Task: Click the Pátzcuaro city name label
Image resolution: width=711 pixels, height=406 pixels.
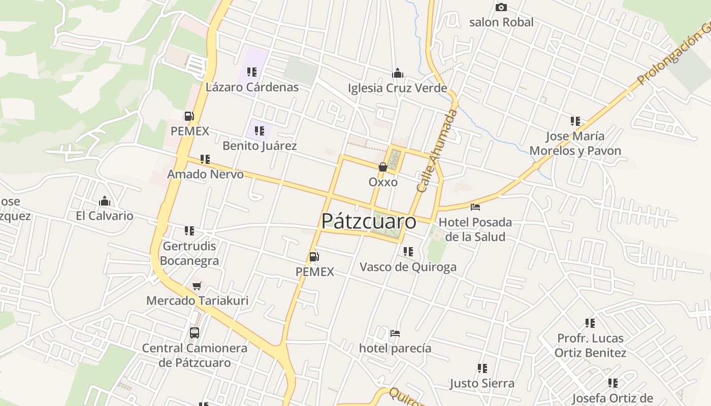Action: point(369,221)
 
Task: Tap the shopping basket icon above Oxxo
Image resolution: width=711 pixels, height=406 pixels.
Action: point(383,167)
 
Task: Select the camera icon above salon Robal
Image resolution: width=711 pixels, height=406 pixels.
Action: point(501,7)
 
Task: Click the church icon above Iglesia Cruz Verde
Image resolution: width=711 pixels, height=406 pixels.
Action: point(398,73)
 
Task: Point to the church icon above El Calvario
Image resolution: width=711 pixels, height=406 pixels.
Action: point(105,201)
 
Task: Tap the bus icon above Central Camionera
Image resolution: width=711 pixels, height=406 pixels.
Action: point(195,333)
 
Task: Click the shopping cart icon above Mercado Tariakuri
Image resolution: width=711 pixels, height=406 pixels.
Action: point(197,286)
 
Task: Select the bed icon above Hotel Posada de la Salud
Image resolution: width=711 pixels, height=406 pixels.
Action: point(475,207)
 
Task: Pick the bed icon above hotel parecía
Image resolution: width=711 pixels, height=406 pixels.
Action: point(395,333)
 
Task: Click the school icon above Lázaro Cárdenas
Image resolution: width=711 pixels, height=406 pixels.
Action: point(252,72)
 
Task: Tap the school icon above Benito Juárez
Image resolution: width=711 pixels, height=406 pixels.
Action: point(260,131)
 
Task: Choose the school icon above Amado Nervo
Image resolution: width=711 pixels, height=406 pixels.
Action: point(205,159)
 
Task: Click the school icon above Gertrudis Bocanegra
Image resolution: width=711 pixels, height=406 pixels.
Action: point(189,231)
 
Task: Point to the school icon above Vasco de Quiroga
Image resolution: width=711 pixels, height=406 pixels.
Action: point(408,252)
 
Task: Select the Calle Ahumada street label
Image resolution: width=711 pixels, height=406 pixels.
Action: point(437,150)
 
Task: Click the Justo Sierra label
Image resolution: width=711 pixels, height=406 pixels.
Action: point(482,383)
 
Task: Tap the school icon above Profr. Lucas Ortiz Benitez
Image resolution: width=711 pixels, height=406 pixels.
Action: point(590,323)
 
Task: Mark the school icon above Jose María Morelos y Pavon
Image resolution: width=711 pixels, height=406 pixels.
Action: point(575,121)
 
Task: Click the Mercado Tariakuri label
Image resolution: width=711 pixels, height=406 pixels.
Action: point(197,300)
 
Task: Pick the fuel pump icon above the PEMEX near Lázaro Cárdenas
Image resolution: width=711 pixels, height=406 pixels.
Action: point(189,116)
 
